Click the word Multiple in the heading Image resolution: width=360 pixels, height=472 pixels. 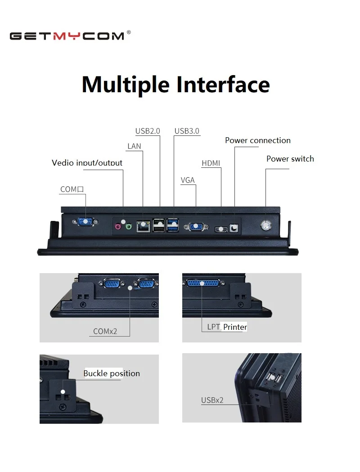126,84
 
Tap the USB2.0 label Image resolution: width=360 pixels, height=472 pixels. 148,131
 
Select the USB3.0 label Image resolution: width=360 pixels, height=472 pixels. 187,131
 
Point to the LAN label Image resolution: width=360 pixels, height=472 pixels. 134,146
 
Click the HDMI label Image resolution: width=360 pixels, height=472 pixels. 211,163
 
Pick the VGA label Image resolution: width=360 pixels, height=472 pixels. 188,180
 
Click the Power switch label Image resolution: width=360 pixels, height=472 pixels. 290,158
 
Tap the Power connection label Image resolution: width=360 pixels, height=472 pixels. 257,140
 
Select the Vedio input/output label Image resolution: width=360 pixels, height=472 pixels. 87,162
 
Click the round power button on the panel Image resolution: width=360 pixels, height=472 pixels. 266,225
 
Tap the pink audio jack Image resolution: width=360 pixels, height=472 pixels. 118,227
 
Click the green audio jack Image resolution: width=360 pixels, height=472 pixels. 129,227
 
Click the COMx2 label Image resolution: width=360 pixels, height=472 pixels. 105,331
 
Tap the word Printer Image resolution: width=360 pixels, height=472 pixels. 235,327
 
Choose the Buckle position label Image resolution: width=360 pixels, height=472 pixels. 112,373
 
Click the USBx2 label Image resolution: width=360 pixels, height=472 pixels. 212,400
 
